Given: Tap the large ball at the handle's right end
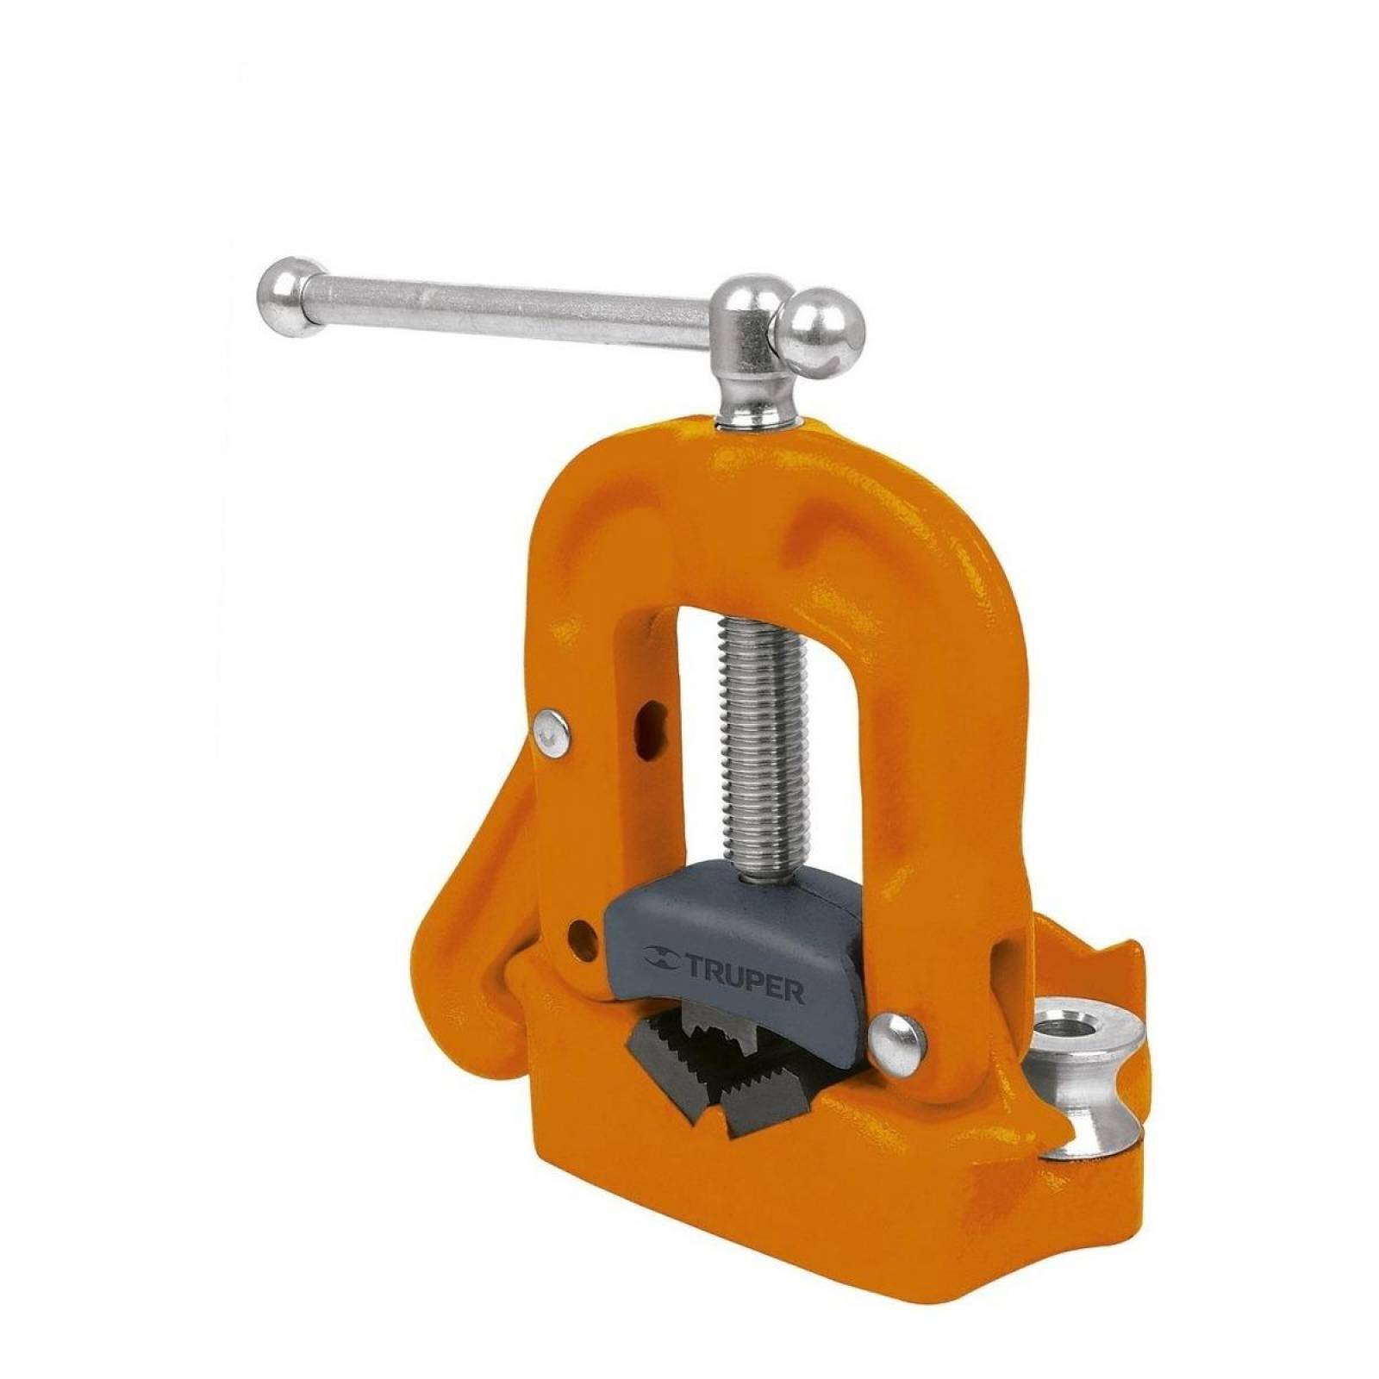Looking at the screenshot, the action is click(x=820, y=332).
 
